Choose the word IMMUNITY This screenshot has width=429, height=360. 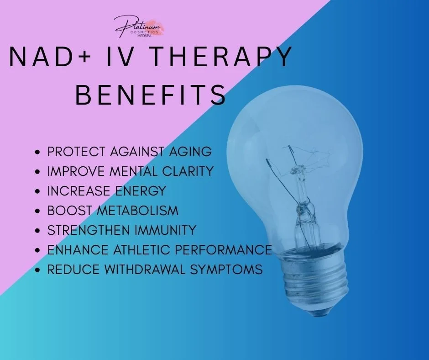pyautogui.click(x=167, y=230)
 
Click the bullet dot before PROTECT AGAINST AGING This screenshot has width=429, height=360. pyautogui.click(x=38, y=152)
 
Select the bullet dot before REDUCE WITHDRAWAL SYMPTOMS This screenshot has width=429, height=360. pyautogui.click(x=38, y=270)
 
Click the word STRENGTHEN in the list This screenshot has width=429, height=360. pyautogui.click(x=87, y=230)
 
